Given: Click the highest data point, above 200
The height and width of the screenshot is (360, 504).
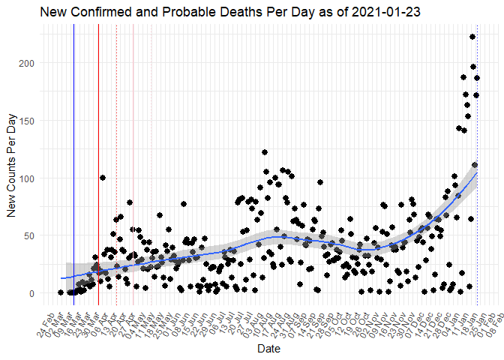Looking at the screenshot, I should coord(472,37).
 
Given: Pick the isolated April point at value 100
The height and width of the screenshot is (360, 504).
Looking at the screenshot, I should coord(103,178).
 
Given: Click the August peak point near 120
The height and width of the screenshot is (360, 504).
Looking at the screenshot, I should coord(265,152).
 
